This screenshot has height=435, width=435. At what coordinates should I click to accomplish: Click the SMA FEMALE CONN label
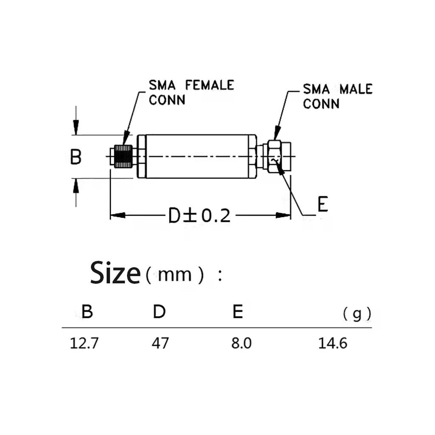pos(192,92)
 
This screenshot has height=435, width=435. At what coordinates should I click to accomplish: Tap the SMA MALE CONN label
pos(338,96)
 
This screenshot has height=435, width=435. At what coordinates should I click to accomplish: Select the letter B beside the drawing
pos(76,157)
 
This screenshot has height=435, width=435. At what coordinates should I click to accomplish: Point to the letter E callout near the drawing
pos(323,204)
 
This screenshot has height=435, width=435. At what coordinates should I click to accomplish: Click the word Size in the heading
pos(116,273)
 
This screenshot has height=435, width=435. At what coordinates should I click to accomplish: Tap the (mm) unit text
pos(175,275)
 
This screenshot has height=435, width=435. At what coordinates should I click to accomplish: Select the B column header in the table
pos(87,311)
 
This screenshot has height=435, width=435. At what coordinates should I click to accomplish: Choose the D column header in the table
pos(159,311)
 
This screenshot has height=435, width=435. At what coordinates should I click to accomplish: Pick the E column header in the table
pos(238,311)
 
